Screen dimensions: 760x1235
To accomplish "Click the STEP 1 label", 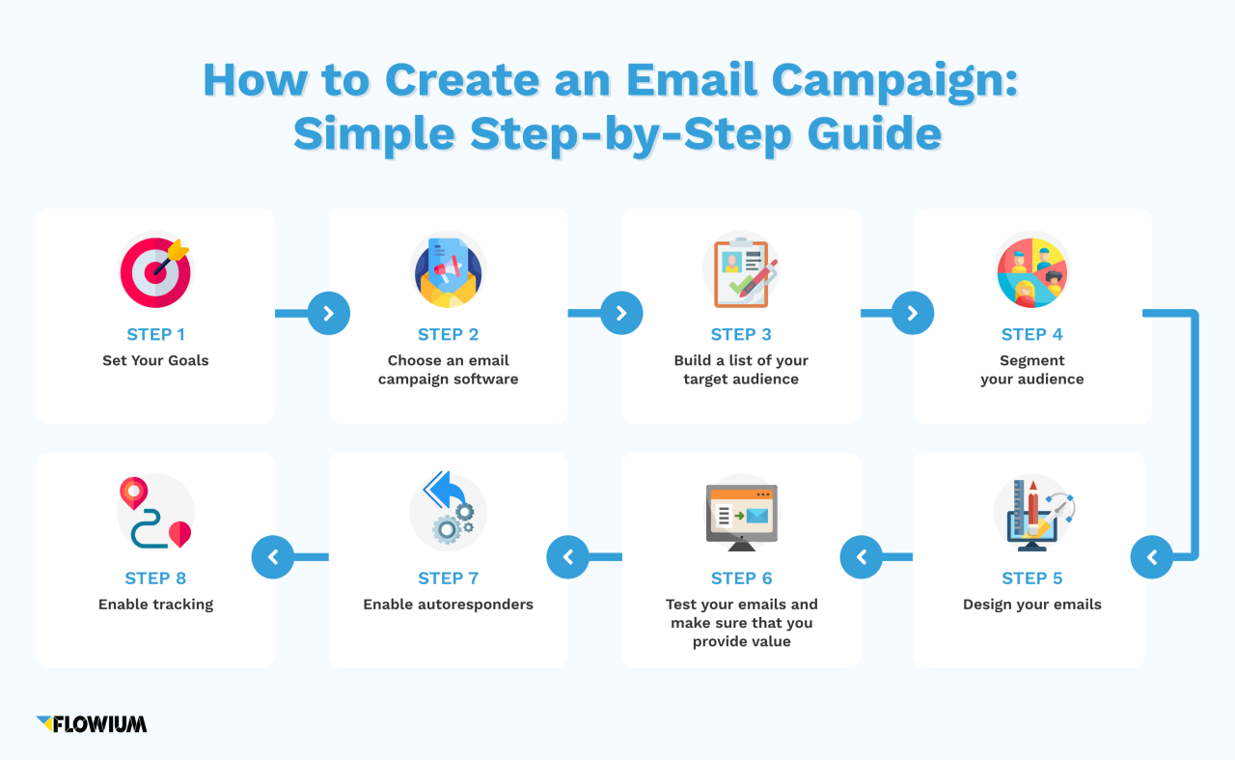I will (155, 334).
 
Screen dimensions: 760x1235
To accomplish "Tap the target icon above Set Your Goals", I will (155, 271).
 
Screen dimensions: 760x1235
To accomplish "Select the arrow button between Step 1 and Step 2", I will (328, 313).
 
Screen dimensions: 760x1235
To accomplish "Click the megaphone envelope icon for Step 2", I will (448, 271).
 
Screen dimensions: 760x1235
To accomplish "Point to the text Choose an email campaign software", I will (448, 370).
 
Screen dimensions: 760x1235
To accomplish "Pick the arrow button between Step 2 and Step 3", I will (621, 313).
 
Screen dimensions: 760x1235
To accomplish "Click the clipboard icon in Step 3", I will (741, 271).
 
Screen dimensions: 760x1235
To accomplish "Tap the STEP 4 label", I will (1031, 334).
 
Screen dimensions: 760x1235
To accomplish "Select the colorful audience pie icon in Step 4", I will (1031, 270).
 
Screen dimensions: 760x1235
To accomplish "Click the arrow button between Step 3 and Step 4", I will (913, 313).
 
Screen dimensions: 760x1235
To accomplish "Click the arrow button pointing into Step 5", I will (1151, 557).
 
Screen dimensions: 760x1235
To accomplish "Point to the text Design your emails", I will (1031, 605).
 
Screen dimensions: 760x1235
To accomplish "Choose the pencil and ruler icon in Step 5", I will (1031, 514).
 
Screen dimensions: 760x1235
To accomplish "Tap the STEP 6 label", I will (741, 578).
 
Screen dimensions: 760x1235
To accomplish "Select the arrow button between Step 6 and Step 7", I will (567, 557).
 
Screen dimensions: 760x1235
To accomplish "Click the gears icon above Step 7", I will (448, 512).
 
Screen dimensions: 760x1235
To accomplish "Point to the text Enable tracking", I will (155, 605).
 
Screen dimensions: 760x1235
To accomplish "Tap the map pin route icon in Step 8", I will (155, 513).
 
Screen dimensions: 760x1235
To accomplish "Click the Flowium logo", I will (92, 723).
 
